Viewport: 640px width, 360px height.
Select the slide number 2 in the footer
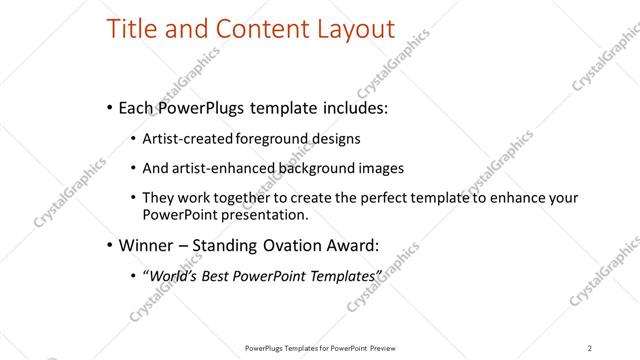[x=590, y=347]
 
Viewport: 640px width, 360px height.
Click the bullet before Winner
[x=108, y=243]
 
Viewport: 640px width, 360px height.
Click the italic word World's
[x=173, y=273]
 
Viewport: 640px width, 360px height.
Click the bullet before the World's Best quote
[x=133, y=273]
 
